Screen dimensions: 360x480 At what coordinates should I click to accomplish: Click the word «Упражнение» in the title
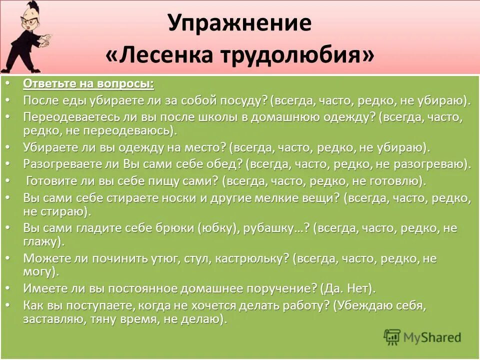coord(239,23)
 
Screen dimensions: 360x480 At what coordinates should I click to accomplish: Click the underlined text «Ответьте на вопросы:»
coord(88,83)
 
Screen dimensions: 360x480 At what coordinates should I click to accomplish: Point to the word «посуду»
coord(245,100)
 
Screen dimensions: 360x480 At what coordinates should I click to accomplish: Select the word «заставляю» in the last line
coord(50,319)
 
